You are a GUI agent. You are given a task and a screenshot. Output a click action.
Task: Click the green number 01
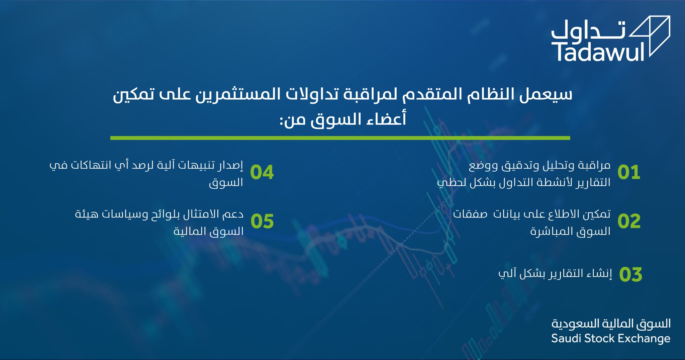629,172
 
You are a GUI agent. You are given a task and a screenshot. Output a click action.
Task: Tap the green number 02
629,221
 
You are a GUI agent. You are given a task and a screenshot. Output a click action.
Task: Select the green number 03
630,275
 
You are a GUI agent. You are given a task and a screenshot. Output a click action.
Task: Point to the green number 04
262,172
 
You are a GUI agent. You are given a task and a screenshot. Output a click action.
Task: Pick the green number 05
262,221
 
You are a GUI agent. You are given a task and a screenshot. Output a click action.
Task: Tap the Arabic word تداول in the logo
588,30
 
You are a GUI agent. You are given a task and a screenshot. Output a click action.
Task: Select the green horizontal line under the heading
340,138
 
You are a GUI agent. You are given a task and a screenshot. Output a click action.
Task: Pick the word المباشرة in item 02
552,231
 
